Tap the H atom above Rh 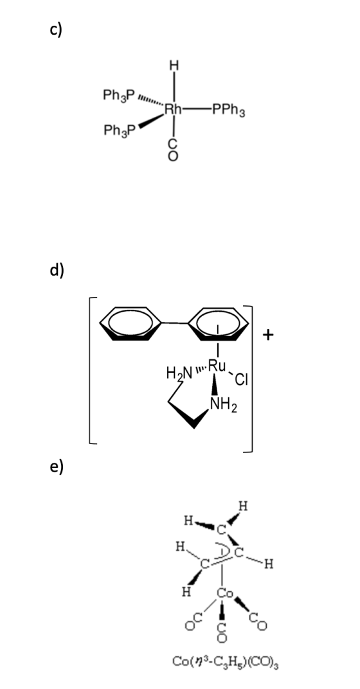coord(174,66)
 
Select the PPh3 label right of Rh coord(229,109)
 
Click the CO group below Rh coord(174,148)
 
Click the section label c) coord(56,31)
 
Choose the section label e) coord(57,467)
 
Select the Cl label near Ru coord(242,379)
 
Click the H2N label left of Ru coord(179,373)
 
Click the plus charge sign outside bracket coord(268,336)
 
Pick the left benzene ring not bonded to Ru coord(130,324)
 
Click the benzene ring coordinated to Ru coord(219,324)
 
